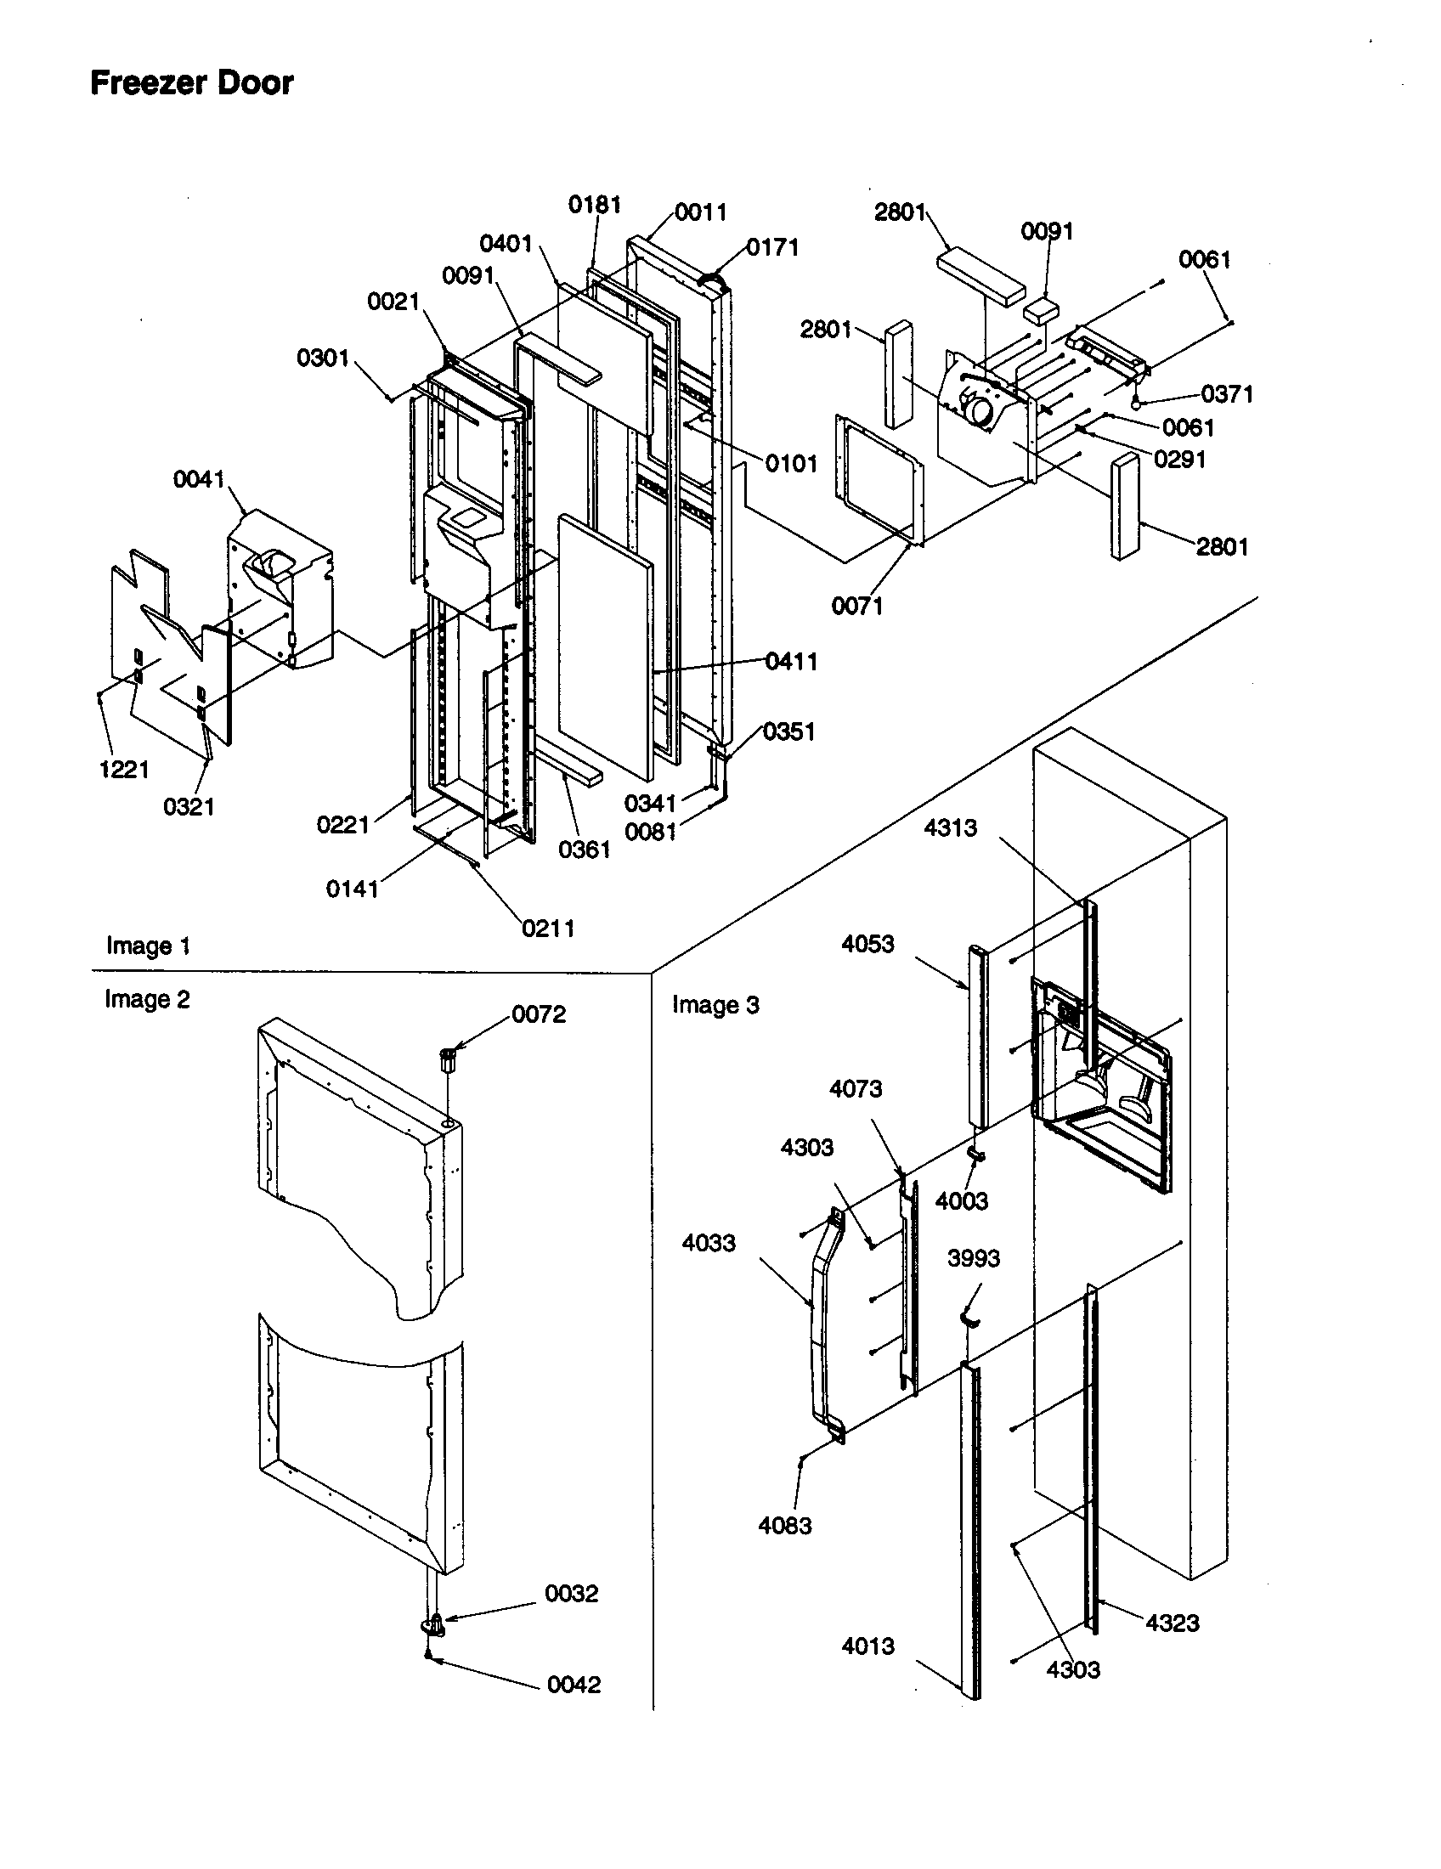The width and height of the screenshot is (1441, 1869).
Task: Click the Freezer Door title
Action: click(192, 83)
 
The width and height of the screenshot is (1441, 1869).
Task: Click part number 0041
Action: click(199, 479)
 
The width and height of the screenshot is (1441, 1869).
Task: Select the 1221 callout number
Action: click(124, 770)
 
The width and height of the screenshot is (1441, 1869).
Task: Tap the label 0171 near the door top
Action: click(772, 247)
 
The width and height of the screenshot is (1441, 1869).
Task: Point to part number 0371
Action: click(1227, 394)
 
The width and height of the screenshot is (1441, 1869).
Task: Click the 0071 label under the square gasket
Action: click(856, 606)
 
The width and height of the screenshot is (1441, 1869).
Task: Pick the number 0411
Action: click(792, 661)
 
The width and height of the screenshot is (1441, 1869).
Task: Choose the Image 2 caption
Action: click(147, 999)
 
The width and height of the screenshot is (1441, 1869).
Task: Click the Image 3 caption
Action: click(715, 1005)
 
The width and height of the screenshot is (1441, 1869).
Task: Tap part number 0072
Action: click(539, 1014)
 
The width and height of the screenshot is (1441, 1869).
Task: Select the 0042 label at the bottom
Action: click(574, 1684)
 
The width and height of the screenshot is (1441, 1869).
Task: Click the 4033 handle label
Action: click(709, 1243)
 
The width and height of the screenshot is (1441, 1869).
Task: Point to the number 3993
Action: click(974, 1258)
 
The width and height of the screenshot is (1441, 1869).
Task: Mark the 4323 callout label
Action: click(1173, 1623)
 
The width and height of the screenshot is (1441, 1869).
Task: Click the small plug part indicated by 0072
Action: click(448, 1060)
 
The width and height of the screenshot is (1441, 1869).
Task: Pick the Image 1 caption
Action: click(148, 946)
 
